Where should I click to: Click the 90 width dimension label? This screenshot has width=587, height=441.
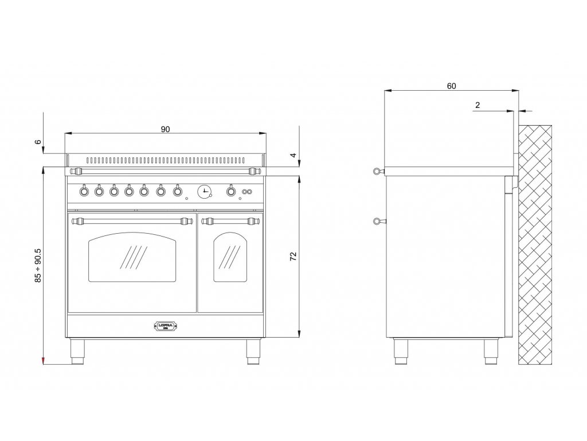165,129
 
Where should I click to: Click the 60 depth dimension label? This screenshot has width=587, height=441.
451,86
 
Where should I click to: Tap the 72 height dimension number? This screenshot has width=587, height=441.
293,257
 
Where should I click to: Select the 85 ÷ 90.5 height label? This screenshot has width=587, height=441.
38,265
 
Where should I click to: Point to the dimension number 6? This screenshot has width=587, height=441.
38,142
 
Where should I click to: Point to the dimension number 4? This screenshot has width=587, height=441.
292,155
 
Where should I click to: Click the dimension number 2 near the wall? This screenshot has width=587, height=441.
477,105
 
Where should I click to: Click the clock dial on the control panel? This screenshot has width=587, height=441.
204,191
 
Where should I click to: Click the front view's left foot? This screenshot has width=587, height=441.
77,352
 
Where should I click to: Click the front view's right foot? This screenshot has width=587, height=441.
253,352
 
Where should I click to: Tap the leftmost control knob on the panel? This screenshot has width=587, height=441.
84,191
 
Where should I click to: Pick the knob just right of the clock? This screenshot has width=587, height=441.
231,191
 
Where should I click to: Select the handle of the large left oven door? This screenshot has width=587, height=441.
131,219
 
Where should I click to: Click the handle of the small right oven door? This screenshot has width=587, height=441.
230,219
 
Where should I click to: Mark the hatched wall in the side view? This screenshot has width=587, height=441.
534,244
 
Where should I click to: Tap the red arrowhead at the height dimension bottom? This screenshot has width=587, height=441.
44,360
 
